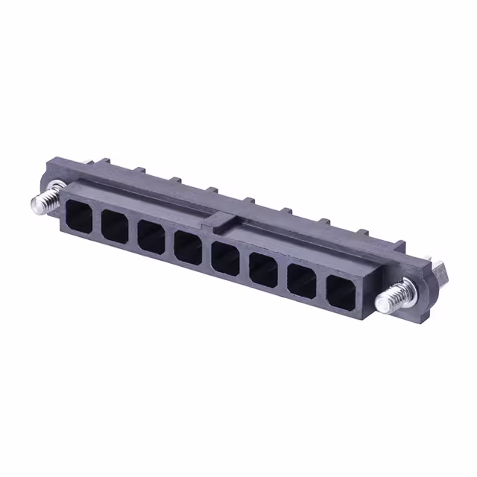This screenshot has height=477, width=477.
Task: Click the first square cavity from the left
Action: click(x=78, y=215)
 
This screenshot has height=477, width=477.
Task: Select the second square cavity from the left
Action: click(x=114, y=225)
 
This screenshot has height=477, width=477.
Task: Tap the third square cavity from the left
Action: click(x=150, y=236)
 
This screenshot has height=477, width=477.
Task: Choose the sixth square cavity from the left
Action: click(x=262, y=269)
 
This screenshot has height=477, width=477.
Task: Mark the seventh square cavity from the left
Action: click(x=300, y=280)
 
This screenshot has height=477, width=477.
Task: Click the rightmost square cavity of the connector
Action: click(x=339, y=291)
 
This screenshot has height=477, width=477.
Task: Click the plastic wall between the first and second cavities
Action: click(x=97, y=220)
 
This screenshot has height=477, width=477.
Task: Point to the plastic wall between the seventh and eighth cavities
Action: click(x=320, y=286)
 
